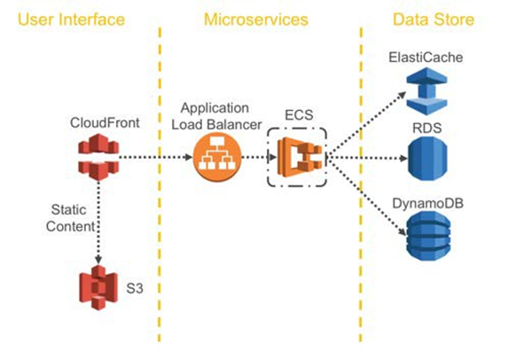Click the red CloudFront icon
[93, 157]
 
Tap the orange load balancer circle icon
[215, 159]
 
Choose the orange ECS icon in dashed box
[297, 158]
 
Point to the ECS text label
[297, 114]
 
